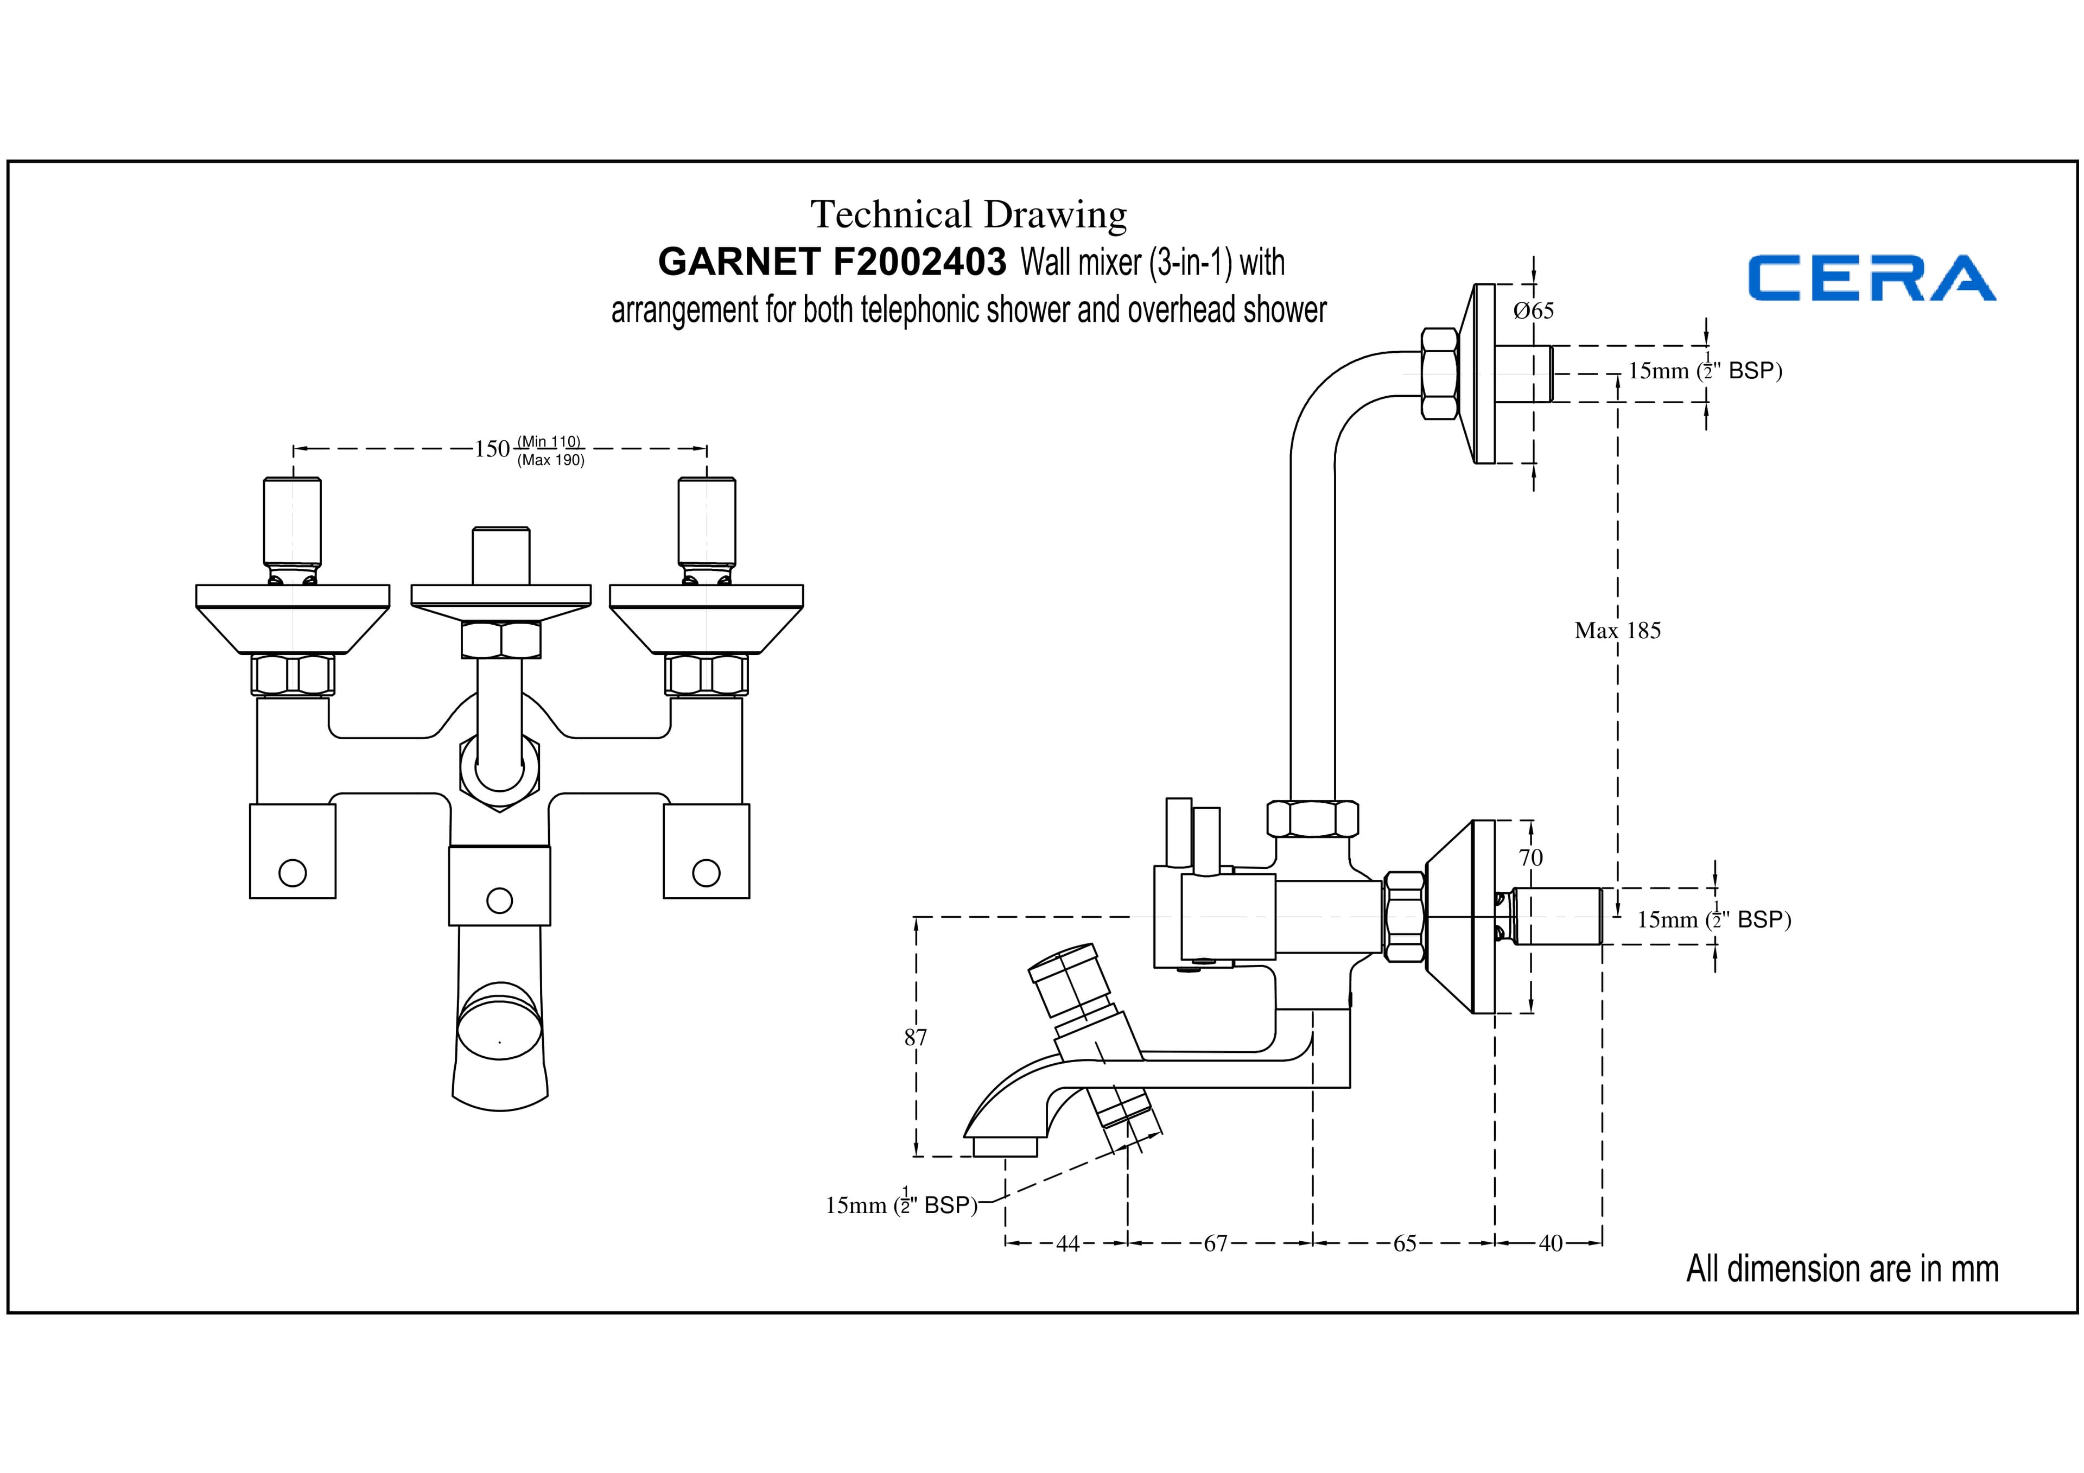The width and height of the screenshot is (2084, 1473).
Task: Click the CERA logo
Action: (1872, 278)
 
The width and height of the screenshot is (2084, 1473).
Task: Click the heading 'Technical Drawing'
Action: (969, 215)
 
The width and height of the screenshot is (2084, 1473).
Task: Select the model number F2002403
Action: (919, 262)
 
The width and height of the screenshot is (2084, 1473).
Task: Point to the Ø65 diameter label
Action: (1534, 310)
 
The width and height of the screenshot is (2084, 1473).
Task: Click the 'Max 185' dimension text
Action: (1617, 631)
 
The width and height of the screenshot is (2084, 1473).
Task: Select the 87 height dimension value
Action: (916, 1037)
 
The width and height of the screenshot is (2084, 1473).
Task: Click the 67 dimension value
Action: (1215, 1243)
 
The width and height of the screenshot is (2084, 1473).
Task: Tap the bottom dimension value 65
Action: (1404, 1243)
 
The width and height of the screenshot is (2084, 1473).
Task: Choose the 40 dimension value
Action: (1551, 1243)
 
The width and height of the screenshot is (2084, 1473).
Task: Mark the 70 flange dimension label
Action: (1530, 858)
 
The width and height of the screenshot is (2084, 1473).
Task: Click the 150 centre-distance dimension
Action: (492, 449)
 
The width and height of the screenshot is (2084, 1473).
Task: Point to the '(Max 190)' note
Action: (551, 460)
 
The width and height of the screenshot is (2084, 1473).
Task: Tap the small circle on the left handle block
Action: (293, 873)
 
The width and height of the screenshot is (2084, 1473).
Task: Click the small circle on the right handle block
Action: (706, 873)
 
